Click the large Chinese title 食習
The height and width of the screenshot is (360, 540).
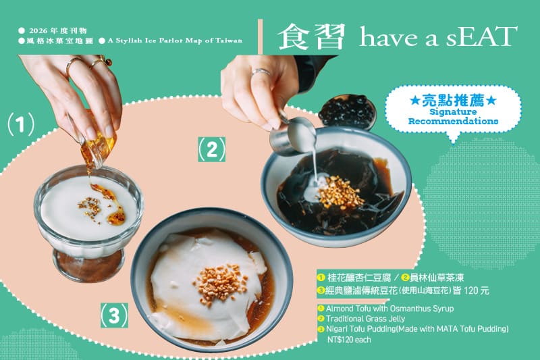click(x=311, y=37)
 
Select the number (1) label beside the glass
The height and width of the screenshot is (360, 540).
click(x=21, y=125)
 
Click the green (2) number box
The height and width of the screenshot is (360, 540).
click(x=211, y=149)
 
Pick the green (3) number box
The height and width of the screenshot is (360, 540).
click(x=114, y=315)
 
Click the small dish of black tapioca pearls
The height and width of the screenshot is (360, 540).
click(x=347, y=110)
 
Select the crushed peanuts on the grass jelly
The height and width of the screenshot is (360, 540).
click(x=340, y=192)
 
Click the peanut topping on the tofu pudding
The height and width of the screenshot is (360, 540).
click(x=221, y=284)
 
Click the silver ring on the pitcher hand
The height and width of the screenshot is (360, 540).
click(x=261, y=72)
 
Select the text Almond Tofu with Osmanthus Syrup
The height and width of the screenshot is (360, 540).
click(x=389, y=308)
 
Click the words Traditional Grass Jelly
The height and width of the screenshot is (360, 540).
click(x=365, y=319)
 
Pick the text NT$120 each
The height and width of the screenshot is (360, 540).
click(x=349, y=340)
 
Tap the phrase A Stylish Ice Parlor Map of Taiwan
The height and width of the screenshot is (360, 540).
click(x=175, y=41)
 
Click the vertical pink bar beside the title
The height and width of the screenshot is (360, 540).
click(x=261, y=36)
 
